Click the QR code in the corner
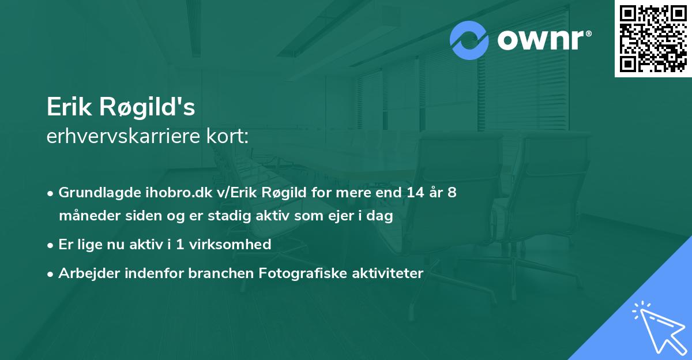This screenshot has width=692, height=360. pos(653,38)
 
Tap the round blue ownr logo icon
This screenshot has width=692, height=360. pos(469,40)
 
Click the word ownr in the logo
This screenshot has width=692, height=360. pos(540,40)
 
